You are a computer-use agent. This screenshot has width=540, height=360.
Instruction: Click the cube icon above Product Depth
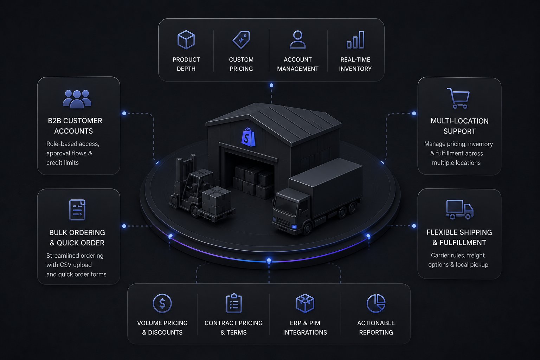click(186, 40)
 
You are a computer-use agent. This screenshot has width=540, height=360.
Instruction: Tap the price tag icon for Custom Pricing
click(241, 40)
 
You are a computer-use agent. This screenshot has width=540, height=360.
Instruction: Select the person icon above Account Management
click(298, 40)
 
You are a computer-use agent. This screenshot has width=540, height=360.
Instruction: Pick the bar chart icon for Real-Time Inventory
click(355, 40)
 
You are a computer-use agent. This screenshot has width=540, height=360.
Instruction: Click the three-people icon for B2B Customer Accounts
click(77, 99)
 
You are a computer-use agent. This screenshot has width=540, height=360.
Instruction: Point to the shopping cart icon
click(459, 98)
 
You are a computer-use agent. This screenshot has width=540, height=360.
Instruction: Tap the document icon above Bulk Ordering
click(77, 210)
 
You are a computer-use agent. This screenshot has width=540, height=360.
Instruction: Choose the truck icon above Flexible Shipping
click(460, 210)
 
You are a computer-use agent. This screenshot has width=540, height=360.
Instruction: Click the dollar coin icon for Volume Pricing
click(162, 303)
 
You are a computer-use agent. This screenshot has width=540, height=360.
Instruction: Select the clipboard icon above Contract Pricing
click(234, 303)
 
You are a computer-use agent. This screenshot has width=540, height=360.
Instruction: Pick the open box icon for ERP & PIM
click(305, 303)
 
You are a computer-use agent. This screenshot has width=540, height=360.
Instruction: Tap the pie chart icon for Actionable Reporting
click(376, 303)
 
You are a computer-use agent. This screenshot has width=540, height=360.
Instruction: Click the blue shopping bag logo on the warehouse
click(248, 137)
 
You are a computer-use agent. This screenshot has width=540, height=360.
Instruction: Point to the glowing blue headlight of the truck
click(294, 227)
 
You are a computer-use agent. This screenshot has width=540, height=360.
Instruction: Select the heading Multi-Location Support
click(459, 126)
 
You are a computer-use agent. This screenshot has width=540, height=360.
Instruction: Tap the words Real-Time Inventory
click(355, 64)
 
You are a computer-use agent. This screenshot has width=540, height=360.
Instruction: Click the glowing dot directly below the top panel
click(271, 85)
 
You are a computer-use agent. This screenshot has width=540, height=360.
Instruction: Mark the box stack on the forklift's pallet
click(216, 200)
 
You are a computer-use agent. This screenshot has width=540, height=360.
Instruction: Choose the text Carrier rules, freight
click(458, 255)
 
